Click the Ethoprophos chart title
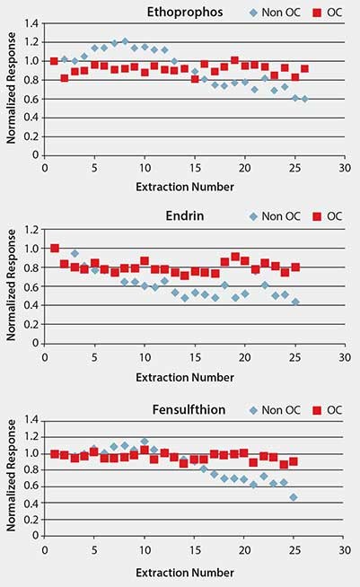click(184, 12)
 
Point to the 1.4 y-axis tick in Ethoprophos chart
click(32, 24)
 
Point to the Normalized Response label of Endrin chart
click(10, 285)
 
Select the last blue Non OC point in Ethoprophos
click(304, 99)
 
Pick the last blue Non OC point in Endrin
click(294, 302)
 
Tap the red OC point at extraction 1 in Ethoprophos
click(54, 61)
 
